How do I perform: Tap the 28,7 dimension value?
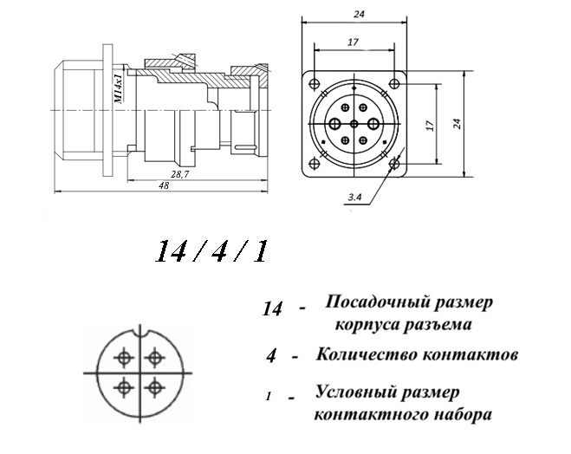coord(180,174)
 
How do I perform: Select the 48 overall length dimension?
coord(164,185)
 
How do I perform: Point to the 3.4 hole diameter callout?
coord(354,198)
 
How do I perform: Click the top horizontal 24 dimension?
coord(359,14)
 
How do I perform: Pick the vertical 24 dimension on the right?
coord(457,123)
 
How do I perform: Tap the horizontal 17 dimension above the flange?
coord(353,42)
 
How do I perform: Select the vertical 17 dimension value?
coord(431,126)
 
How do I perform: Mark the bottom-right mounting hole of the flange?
coord(394,165)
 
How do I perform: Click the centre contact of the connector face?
coord(354,124)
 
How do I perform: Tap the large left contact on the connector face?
coord(334,124)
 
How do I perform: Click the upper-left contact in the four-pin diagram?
coord(125,358)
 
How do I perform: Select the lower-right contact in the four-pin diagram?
coord(155,388)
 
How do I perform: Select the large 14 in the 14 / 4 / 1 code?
coord(170,251)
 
